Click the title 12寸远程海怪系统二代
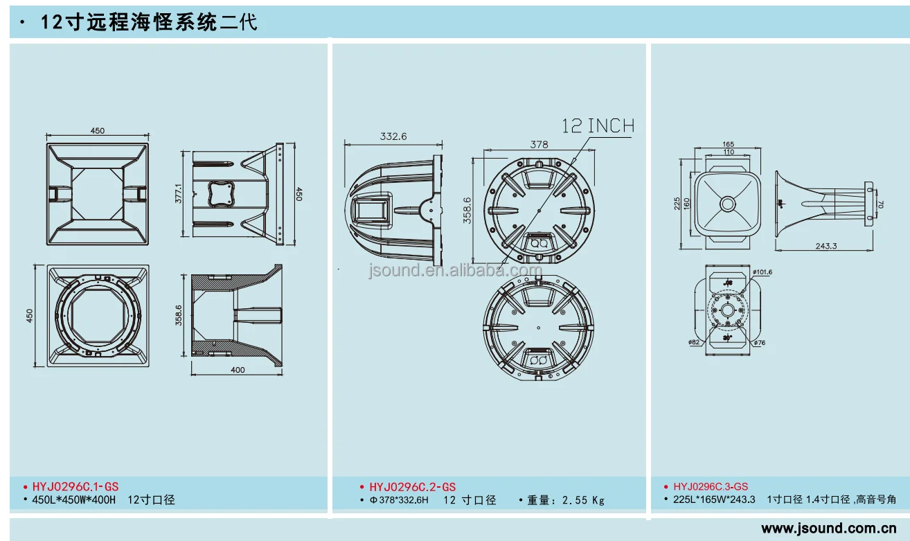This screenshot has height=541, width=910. click(149, 22)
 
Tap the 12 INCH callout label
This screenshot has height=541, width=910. click(598, 126)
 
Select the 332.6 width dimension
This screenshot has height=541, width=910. click(393, 136)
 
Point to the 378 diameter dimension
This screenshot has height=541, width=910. click(539, 144)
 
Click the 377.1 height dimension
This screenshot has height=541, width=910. click(178, 194)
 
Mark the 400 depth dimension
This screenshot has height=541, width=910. click(238, 370)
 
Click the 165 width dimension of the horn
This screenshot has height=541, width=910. click(727, 144)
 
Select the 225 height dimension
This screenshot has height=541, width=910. click(676, 204)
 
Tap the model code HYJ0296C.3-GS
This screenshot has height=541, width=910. click(711, 487)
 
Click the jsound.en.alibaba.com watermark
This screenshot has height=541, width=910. click(455, 270)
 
